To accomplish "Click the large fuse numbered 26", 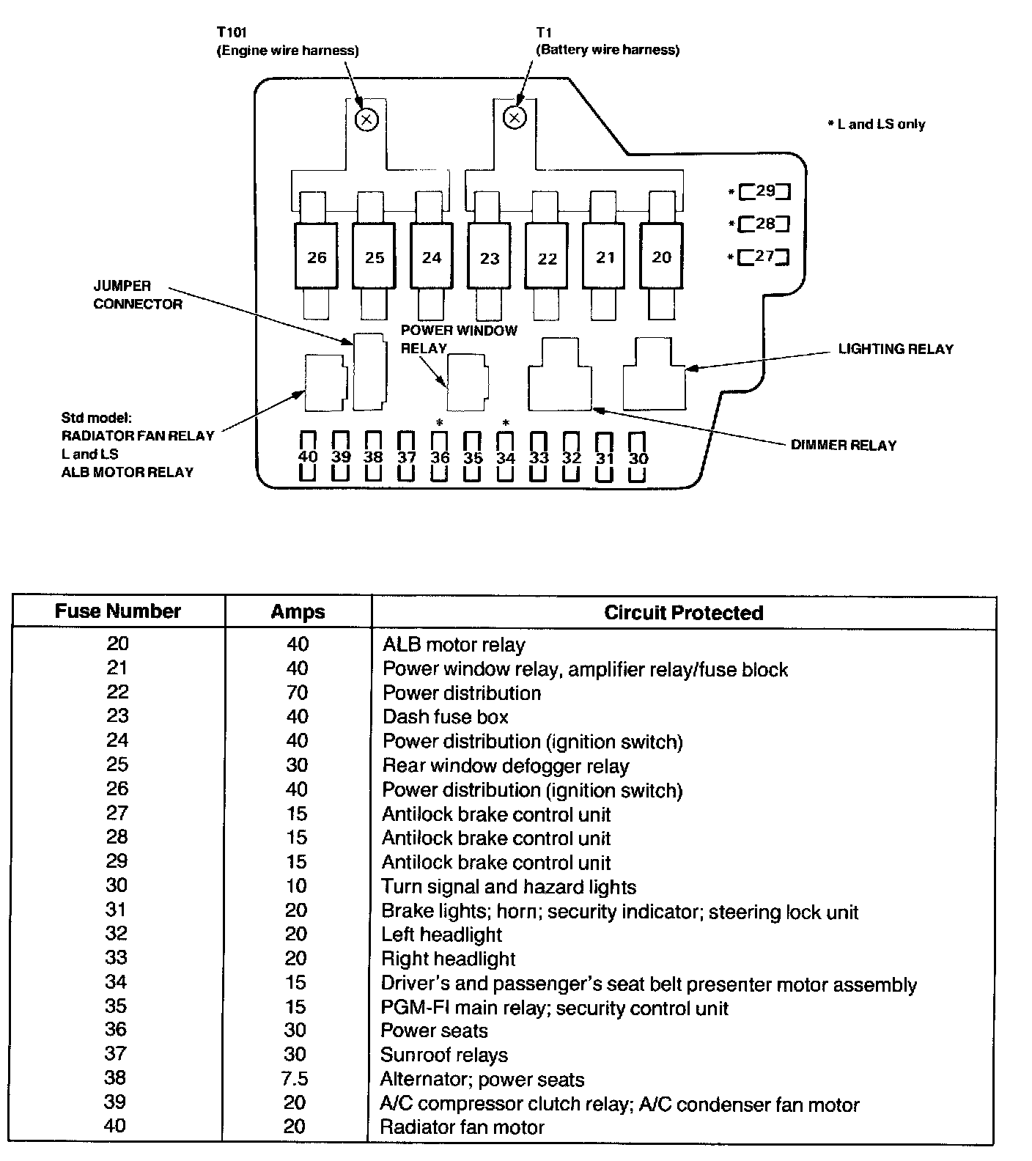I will pos(317,257).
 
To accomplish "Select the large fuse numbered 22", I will pos(547,257).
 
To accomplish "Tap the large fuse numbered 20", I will pos(661,257).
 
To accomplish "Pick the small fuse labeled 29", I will pos(764,191).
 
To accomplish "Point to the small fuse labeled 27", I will pos(764,257).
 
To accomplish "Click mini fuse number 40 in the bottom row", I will pos(308,457).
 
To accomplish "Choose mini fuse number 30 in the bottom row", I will pos(638,457).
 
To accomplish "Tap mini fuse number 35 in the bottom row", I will pos(473,457).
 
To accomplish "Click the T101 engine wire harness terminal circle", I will pos(366,119).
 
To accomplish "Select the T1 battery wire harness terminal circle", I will pos(515,117).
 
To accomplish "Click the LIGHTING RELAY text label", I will pos(896,349).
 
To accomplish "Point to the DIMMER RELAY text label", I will pos(843,445).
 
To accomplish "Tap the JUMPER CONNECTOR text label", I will pos(138,295).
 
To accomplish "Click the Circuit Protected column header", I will pos(683,613).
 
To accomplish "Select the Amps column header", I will pos(298,612).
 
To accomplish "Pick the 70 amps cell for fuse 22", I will pos(298,693).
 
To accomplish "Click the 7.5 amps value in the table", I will pos(295,1079).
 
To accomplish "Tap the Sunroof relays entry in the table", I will pos(444,1055).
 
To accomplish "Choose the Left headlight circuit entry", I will pos(441,935).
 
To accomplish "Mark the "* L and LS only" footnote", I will pos(877,125).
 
